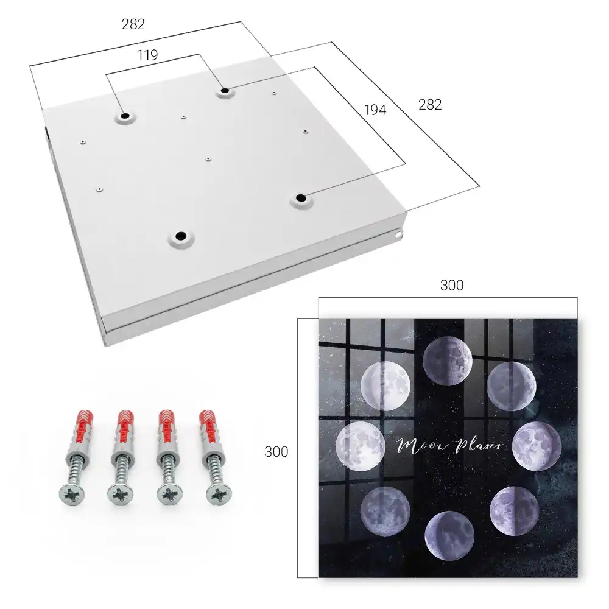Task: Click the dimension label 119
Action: click(x=147, y=55)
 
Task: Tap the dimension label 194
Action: click(x=375, y=110)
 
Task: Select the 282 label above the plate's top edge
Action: click(x=133, y=24)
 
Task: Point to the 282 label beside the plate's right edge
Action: click(x=430, y=105)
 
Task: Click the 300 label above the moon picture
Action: click(x=452, y=286)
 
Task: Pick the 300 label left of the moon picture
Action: click(x=276, y=452)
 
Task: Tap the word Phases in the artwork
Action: click(x=479, y=446)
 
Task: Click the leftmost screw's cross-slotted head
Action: click(x=72, y=495)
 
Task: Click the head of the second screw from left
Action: click(x=120, y=495)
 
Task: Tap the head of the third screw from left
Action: click(x=170, y=495)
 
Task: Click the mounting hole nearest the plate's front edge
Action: click(x=180, y=236)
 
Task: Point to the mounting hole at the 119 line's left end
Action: click(x=125, y=116)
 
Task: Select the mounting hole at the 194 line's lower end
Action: click(x=300, y=198)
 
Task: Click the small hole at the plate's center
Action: click(x=208, y=159)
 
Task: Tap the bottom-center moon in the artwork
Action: click(x=449, y=535)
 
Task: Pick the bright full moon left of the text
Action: click(x=361, y=446)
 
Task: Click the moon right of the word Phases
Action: click(x=537, y=446)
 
